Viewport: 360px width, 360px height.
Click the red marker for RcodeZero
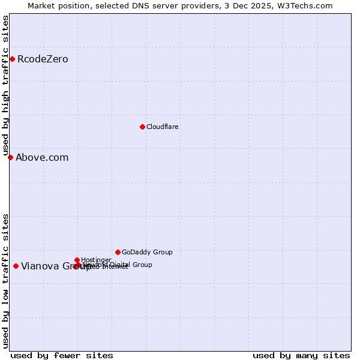click(x=12, y=59)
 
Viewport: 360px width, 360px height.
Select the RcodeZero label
click(x=43, y=59)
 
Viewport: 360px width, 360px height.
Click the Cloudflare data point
click(x=142, y=127)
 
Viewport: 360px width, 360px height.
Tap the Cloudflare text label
click(x=163, y=127)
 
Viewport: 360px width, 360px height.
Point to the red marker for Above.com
click(x=10, y=157)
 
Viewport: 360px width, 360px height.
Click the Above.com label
click(x=42, y=157)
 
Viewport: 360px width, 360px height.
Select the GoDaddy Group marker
click(x=118, y=252)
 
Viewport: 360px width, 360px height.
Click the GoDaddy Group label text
click(x=147, y=252)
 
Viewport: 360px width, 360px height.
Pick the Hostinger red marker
click(x=77, y=260)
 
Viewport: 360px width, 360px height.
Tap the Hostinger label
click(x=96, y=260)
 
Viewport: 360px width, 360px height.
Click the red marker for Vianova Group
click(x=16, y=266)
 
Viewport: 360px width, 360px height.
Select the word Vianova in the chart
click(x=40, y=266)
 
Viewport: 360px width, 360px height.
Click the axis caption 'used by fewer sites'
click(x=62, y=355)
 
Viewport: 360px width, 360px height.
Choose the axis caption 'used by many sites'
click(x=301, y=355)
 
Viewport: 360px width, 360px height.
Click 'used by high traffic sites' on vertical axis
click(x=5, y=86)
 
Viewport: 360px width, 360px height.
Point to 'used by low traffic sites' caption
click(x=5, y=281)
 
